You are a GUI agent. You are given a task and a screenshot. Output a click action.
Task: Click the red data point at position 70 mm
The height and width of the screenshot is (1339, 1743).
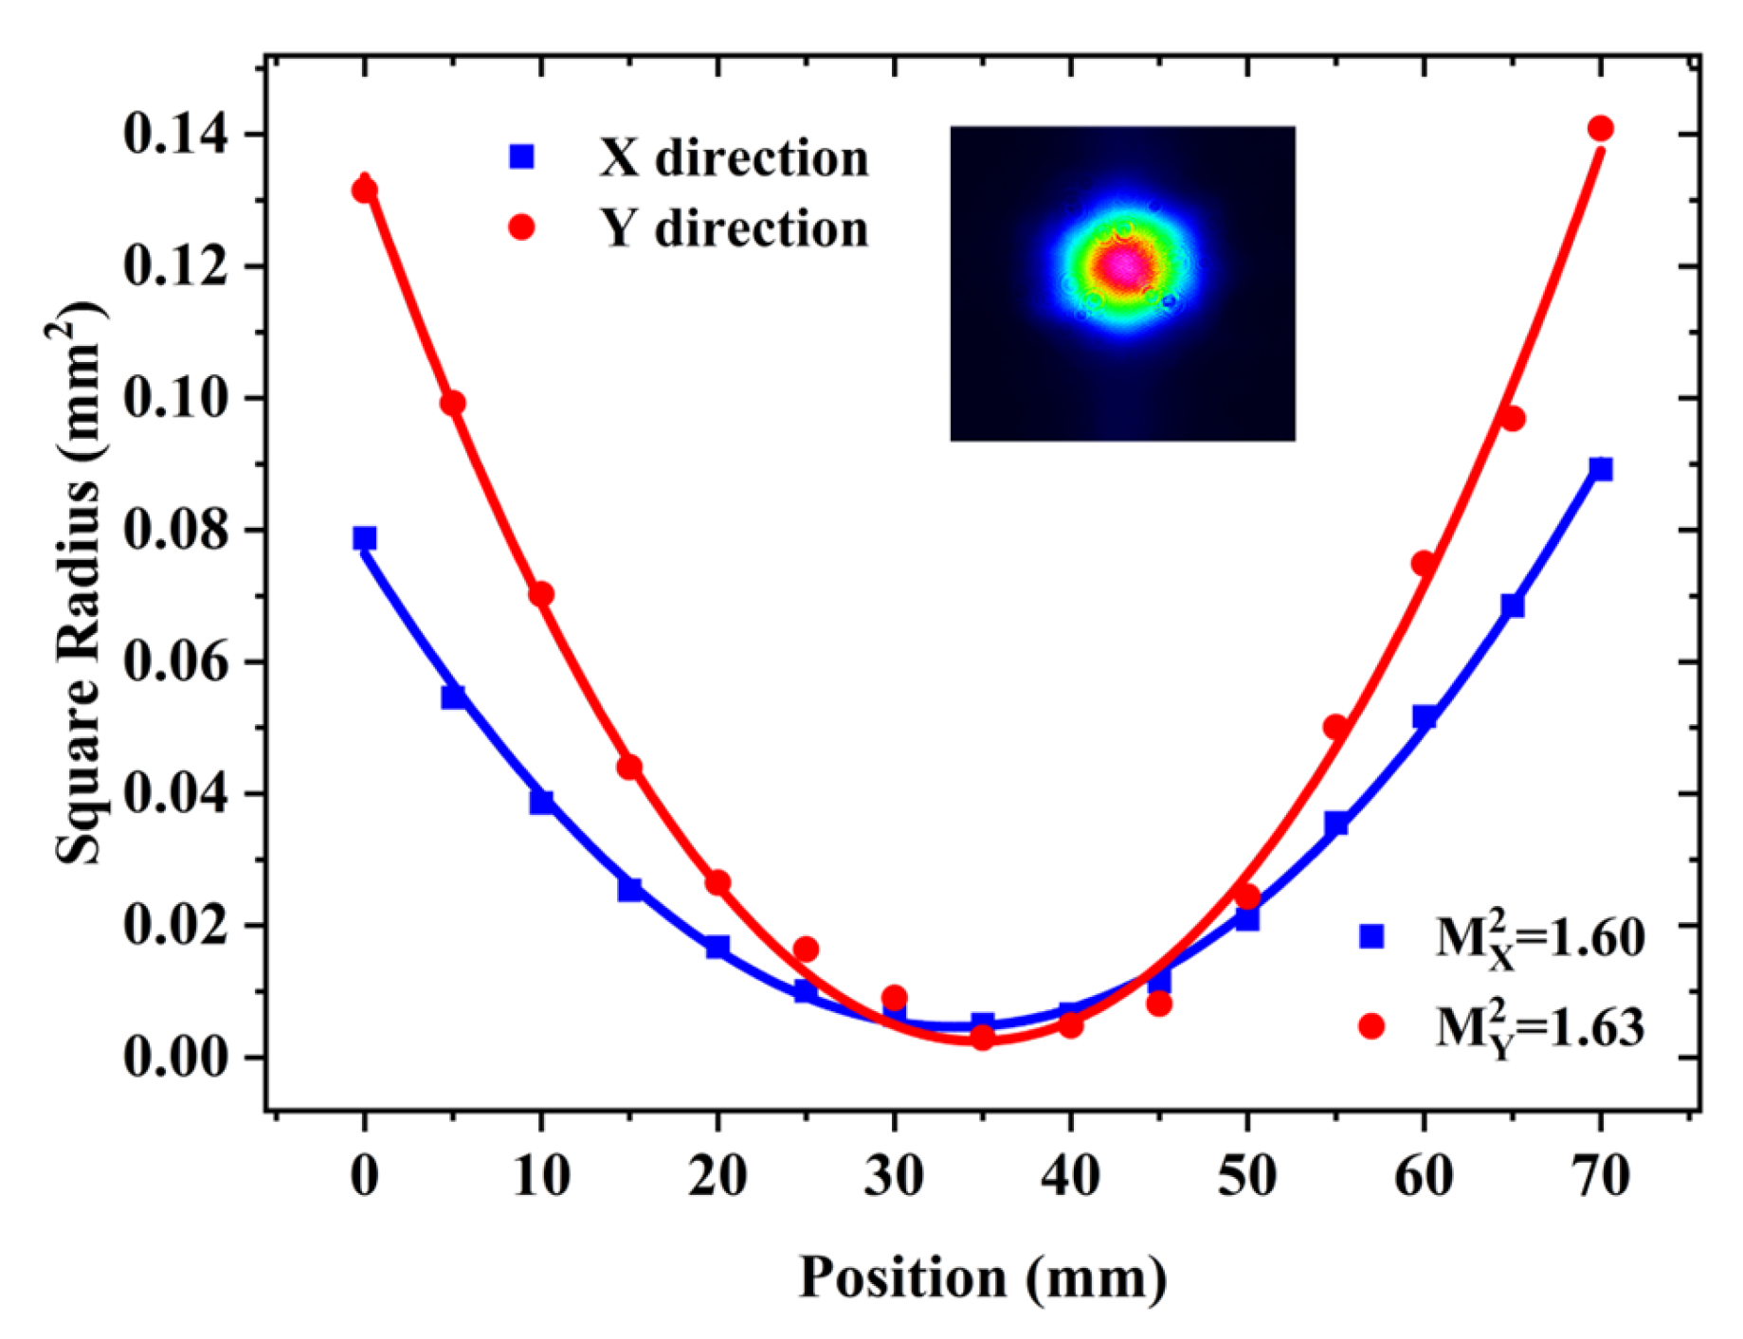1600,129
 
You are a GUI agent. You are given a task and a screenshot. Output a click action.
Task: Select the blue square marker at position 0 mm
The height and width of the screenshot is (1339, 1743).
364,538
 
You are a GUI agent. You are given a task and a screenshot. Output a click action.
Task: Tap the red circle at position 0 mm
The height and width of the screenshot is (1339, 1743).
364,190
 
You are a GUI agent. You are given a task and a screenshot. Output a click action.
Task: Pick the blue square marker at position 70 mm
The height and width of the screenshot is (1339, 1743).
1600,469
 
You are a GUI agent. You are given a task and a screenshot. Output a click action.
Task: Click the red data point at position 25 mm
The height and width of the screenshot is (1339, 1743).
806,949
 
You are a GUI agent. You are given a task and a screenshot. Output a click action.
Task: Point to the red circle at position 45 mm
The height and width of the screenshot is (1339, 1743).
1158,1004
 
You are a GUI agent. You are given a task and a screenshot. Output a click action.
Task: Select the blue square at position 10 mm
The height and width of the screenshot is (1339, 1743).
541,802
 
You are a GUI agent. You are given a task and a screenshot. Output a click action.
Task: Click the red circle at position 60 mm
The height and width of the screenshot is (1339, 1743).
1424,564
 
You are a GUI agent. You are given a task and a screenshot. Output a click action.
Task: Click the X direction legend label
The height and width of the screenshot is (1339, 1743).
734,158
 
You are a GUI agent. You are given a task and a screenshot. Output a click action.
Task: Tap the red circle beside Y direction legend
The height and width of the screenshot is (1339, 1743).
521,227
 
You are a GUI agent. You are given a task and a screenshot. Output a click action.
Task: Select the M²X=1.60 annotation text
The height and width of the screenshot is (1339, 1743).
1539,938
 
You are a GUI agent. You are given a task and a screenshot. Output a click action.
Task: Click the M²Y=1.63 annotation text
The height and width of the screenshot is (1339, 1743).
1539,1027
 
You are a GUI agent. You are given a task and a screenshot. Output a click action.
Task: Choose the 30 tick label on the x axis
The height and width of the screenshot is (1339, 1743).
893,1176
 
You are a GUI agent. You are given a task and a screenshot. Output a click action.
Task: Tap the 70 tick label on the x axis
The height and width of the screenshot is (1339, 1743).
1600,1176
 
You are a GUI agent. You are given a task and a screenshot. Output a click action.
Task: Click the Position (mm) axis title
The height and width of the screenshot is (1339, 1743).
982,1276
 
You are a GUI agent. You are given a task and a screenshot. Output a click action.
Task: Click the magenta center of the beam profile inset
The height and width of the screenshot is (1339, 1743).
1125,267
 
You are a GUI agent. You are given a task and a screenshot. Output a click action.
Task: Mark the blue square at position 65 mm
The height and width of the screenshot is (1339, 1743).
1512,605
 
